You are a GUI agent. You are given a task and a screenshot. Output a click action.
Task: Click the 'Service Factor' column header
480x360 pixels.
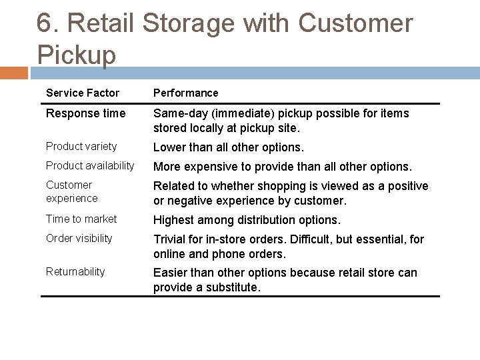point(83,93)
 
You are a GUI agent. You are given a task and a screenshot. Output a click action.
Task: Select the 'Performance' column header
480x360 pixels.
point(185,93)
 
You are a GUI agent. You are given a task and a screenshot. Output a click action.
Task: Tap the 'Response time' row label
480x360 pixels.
point(85,114)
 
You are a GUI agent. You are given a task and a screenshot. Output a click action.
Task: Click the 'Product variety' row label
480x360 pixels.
point(81,146)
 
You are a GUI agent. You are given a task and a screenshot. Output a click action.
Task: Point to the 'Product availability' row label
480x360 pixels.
point(90,165)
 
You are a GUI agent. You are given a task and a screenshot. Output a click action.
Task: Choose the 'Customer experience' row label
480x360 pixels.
point(72,191)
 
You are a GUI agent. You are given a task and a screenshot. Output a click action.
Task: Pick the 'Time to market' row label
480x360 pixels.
point(81,219)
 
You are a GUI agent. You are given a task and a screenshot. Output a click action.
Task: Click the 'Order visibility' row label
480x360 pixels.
point(79,238)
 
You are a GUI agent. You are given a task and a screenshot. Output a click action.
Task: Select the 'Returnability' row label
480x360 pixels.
point(75,271)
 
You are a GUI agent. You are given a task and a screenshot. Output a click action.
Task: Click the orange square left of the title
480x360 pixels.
point(14,72)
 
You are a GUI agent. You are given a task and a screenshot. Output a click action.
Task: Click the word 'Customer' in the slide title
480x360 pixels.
point(356,23)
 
